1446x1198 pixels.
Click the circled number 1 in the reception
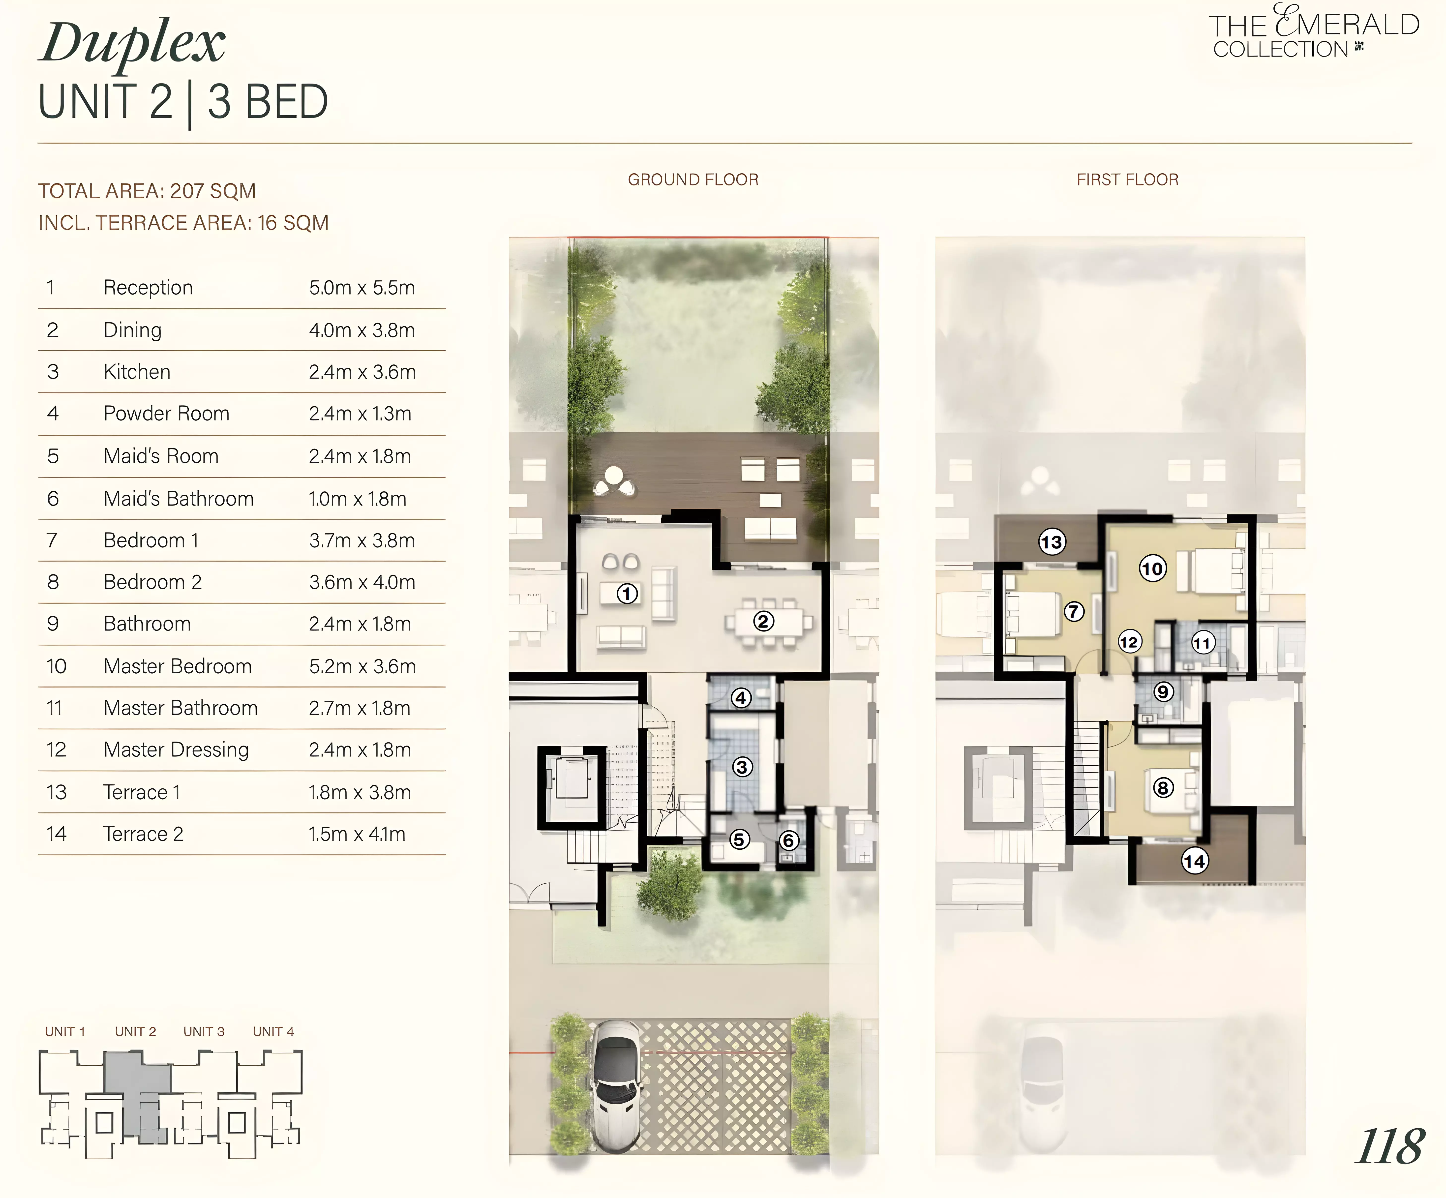627,594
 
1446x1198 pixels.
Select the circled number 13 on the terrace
1052,542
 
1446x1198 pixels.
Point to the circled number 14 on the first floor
1195,861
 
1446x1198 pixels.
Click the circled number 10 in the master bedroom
1153,569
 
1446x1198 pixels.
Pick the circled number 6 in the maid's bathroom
789,840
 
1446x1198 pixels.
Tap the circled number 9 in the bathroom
1164,691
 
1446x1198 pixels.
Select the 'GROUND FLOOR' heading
693,180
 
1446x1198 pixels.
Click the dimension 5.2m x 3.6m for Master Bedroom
362,666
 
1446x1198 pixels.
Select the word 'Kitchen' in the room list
137,372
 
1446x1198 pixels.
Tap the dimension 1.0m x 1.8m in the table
357,499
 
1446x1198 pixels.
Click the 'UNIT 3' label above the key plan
204,1031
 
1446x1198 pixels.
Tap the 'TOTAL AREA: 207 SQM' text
147,191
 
